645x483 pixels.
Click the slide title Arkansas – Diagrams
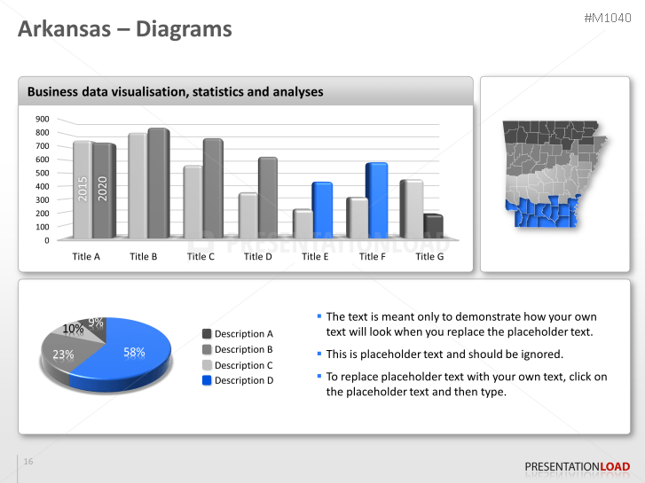(x=125, y=29)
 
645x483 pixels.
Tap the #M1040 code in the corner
(x=608, y=18)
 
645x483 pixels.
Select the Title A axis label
(x=86, y=256)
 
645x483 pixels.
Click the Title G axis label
(x=429, y=256)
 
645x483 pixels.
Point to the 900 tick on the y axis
(x=43, y=119)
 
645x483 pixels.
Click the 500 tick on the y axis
(x=43, y=173)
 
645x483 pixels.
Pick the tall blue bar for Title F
(x=376, y=201)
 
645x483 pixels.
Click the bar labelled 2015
(x=83, y=189)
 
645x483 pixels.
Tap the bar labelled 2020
(x=103, y=189)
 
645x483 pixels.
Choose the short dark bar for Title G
(x=433, y=228)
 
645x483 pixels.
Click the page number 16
(x=28, y=462)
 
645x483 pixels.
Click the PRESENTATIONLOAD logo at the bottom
(x=577, y=466)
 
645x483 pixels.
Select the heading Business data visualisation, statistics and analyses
(x=175, y=91)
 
